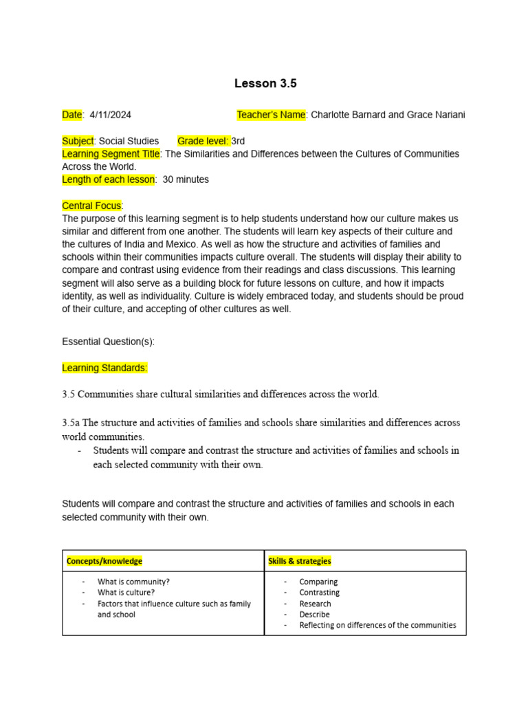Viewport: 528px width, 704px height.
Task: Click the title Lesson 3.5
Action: pos(265,84)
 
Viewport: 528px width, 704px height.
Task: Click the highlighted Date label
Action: pos(72,115)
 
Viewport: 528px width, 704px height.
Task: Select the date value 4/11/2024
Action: pos(110,115)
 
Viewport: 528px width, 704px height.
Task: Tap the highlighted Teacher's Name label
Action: pos(271,115)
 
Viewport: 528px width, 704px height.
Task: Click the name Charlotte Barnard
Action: pos(348,115)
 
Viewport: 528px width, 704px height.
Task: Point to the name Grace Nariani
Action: pos(436,115)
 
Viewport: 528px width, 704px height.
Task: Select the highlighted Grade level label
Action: pos(203,141)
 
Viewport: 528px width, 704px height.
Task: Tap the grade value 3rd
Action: pos(239,141)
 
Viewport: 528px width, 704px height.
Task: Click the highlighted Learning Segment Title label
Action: pos(111,154)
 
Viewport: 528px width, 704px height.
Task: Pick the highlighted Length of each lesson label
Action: pos(109,179)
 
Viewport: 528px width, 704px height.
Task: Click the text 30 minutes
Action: pos(186,179)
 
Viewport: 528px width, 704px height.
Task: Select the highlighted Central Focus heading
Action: pos(91,206)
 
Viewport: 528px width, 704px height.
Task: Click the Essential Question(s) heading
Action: pos(108,342)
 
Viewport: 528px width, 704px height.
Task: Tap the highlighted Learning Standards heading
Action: pos(104,368)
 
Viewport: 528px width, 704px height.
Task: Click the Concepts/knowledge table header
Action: pos(104,561)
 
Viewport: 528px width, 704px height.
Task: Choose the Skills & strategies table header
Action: pos(299,561)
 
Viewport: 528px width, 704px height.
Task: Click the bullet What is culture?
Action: pos(126,592)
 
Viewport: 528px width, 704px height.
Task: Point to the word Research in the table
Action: pos(315,603)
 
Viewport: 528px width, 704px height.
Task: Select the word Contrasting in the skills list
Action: pos(319,592)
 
